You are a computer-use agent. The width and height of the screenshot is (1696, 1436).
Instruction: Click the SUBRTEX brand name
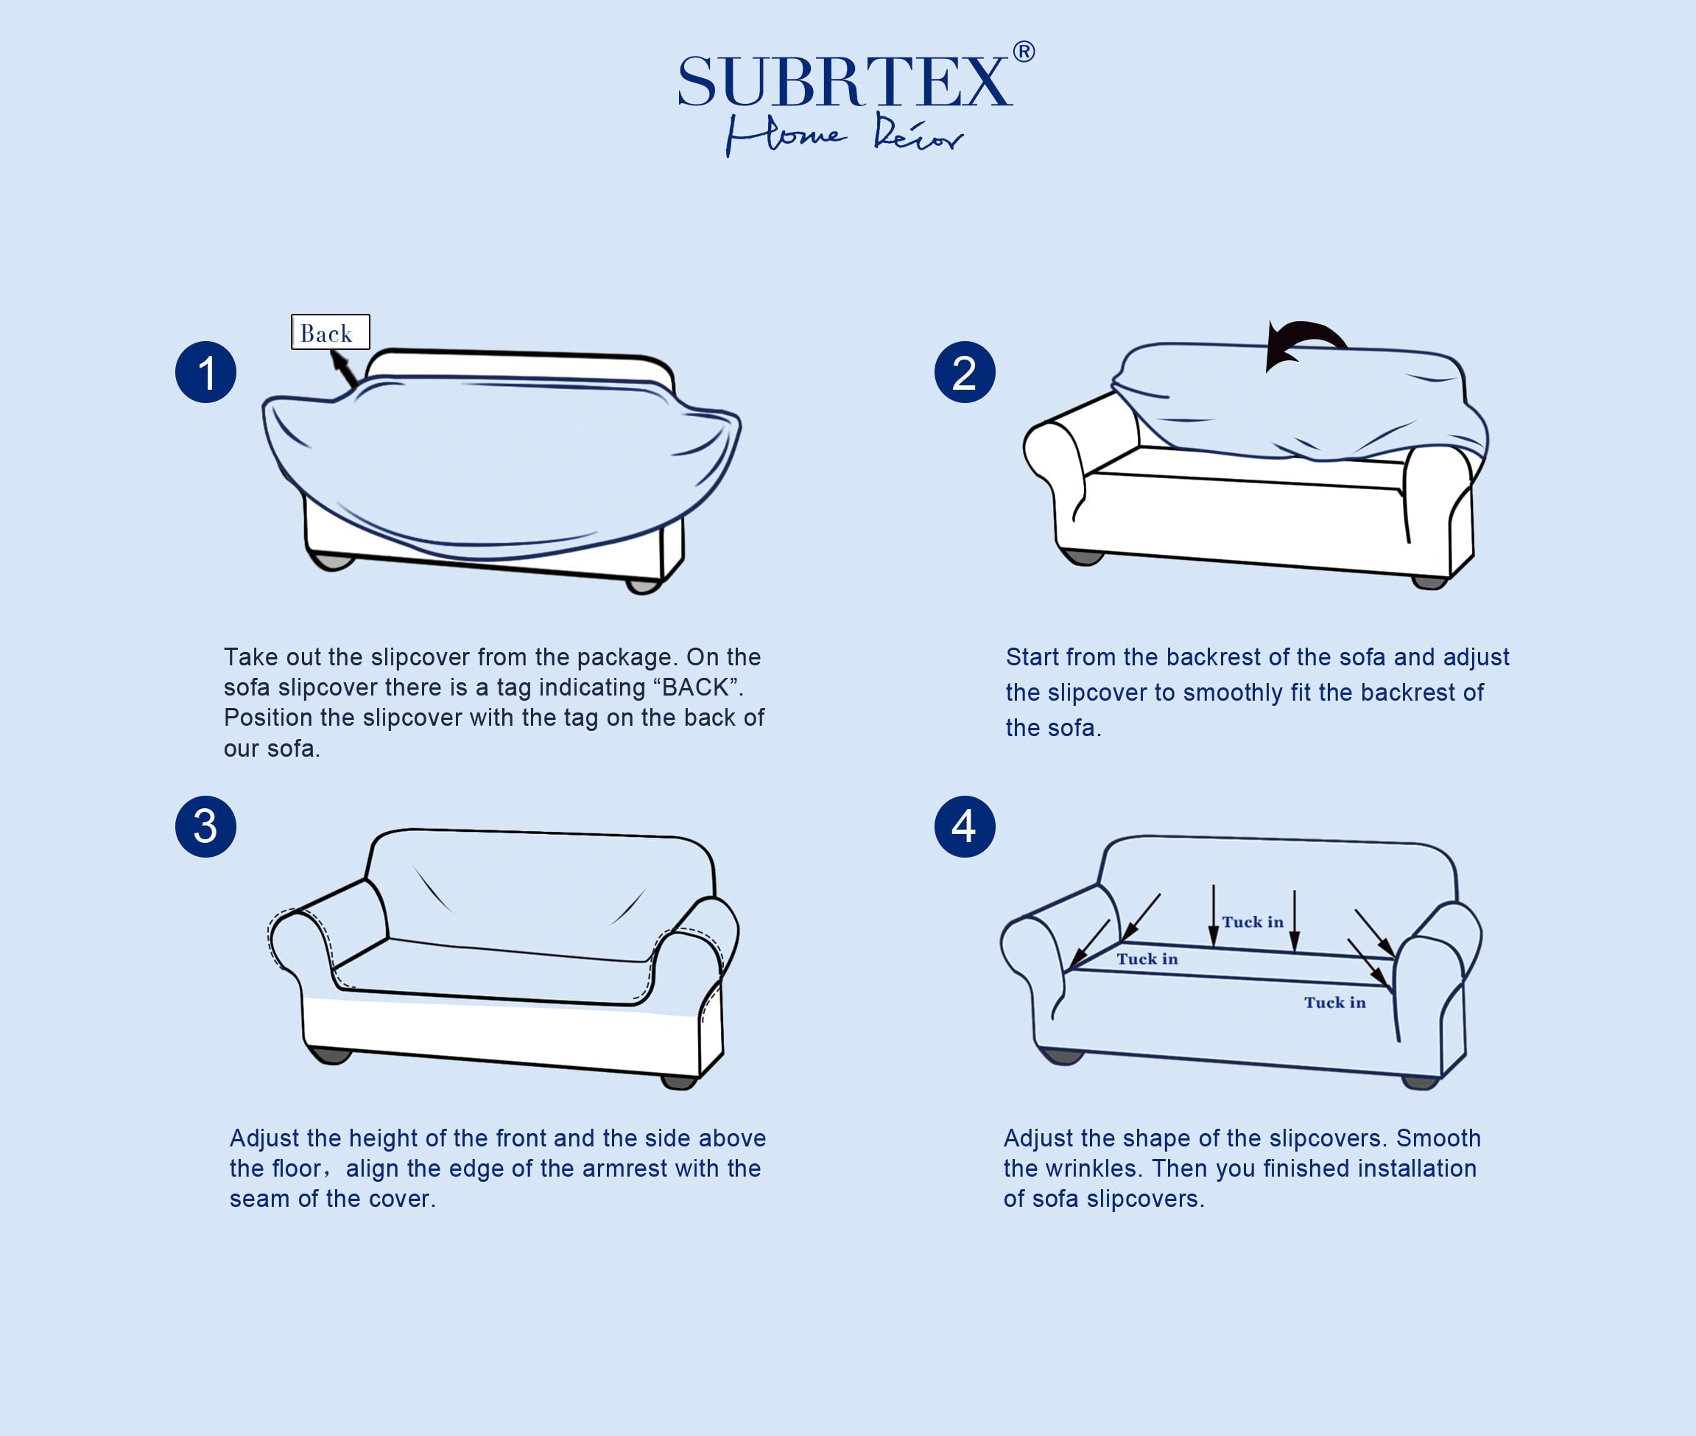coord(844,83)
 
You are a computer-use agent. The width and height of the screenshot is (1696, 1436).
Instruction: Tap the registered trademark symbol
coord(1024,52)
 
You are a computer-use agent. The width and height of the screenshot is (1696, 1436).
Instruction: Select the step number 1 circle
coord(206,372)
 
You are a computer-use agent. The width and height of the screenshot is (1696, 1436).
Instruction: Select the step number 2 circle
coord(965,372)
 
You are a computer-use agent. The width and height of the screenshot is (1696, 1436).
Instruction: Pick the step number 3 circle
coord(206,826)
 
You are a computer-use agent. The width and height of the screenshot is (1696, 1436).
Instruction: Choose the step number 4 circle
coord(965,826)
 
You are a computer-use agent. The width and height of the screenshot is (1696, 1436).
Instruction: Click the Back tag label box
coord(331,332)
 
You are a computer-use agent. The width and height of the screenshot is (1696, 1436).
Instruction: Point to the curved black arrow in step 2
coord(1304,342)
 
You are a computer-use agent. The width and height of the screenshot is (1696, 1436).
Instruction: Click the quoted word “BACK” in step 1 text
coord(698,688)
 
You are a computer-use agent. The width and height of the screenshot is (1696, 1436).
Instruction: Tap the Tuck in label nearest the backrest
coord(1253,922)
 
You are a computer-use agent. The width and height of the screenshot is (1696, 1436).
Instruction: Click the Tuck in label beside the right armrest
coord(1334,1003)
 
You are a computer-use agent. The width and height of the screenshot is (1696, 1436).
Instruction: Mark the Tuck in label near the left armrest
coord(1147,959)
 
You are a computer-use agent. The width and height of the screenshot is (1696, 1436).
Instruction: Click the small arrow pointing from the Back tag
coord(343,368)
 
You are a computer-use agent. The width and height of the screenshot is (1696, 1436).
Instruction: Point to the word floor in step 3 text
coord(297,1168)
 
